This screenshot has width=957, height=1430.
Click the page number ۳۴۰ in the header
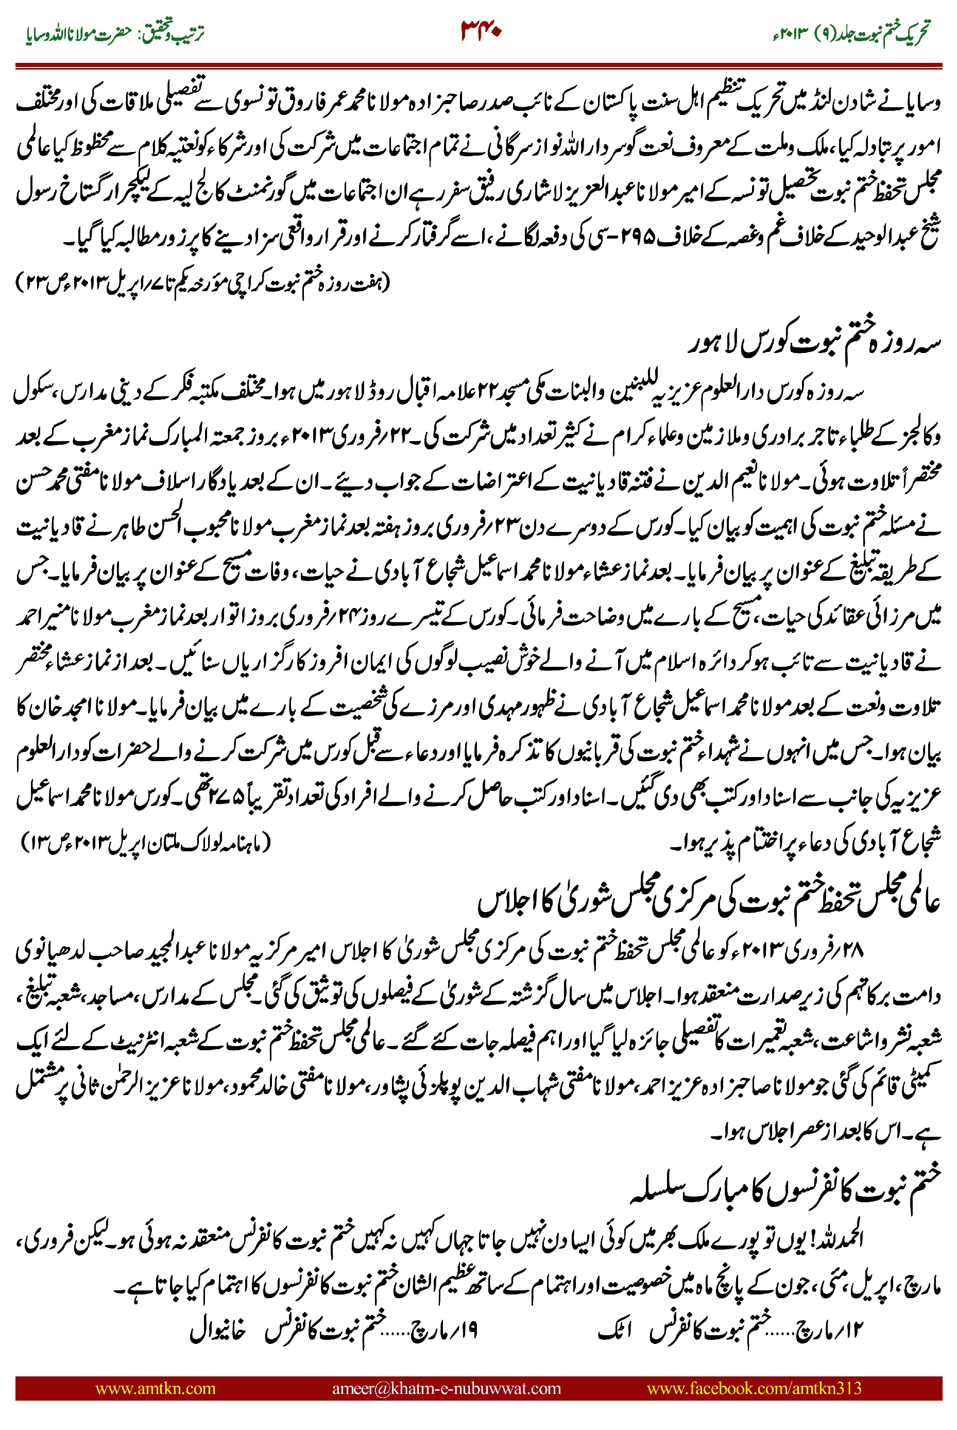pos(481,30)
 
